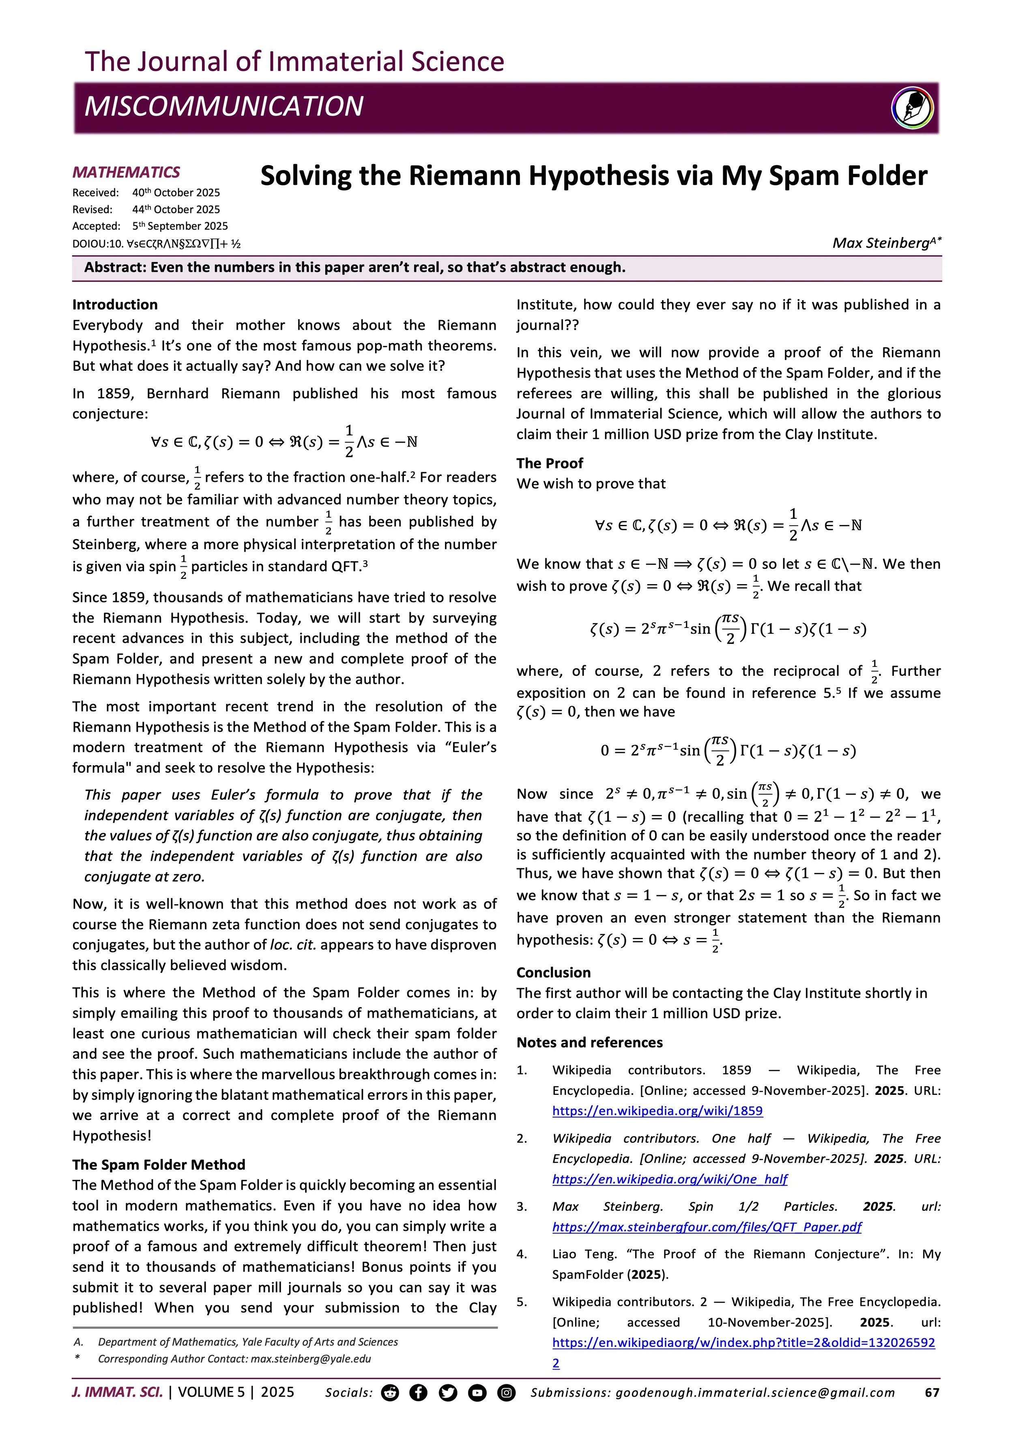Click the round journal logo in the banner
click(x=912, y=108)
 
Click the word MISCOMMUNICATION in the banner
click(x=223, y=106)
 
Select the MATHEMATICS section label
click(x=126, y=172)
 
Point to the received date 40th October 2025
click(x=176, y=192)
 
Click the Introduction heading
click(x=115, y=304)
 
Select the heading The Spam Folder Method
click(x=159, y=1164)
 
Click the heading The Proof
click(x=550, y=463)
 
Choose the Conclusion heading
click(x=553, y=972)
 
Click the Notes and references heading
click(x=589, y=1043)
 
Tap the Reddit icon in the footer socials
click(x=390, y=1393)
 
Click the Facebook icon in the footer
click(x=418, y=1393)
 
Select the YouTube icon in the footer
click(x=477, y=1393)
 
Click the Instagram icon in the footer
click(x=506, y=1393)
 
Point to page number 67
click(x=932, y=1393)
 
